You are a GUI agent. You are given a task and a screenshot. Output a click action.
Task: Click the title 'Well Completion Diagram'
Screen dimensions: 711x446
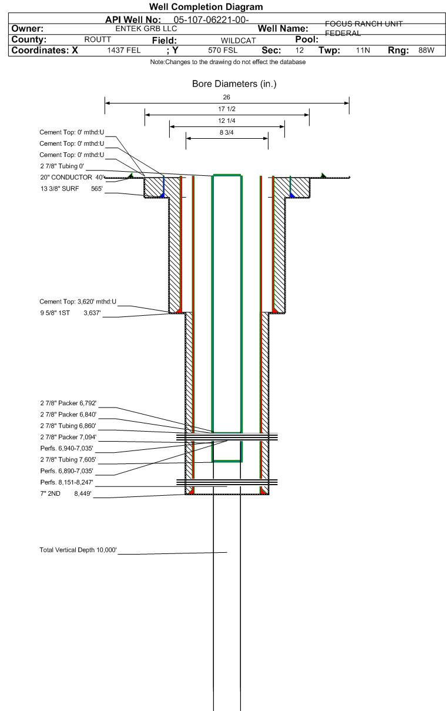[206, 7]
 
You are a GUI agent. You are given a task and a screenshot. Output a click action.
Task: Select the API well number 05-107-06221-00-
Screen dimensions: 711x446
[212, 20]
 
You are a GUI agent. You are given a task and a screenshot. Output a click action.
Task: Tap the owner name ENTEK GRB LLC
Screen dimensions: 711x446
[145, 28]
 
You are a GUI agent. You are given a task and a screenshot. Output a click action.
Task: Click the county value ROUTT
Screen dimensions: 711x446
[98, 39]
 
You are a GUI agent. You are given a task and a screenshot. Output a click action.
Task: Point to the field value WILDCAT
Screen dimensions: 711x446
[238, 40]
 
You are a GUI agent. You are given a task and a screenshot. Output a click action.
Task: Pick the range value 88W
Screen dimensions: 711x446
[426, 51]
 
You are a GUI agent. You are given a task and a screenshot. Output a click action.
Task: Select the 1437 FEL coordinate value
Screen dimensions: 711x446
[123, 51]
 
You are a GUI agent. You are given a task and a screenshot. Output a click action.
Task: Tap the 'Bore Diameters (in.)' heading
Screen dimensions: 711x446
[234, 84]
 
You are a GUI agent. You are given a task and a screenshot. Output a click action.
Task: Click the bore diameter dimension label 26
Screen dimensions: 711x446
[227, 97]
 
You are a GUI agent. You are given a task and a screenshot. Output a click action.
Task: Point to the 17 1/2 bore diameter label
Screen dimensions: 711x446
[227, 109]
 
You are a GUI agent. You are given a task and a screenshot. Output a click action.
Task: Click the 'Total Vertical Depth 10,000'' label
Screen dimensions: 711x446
[78, 550]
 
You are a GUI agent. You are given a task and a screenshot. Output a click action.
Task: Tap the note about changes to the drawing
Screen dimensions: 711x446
[227, 62]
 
